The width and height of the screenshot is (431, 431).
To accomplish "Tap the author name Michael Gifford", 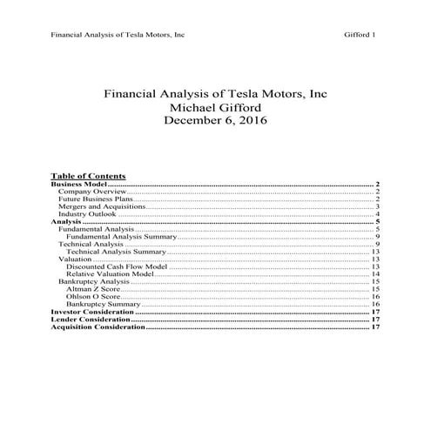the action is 215,107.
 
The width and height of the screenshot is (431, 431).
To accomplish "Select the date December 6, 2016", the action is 215,121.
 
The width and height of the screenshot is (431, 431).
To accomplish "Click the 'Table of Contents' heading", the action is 88,175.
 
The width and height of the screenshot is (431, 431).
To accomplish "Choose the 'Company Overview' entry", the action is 91,192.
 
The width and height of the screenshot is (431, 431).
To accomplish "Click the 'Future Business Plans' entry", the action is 95,199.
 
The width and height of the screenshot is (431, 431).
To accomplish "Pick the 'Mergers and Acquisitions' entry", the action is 100,207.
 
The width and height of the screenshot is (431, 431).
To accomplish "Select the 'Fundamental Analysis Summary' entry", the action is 121,237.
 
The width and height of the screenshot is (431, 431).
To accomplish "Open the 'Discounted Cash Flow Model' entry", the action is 116,267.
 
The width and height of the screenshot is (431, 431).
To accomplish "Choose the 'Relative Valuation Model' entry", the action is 111,275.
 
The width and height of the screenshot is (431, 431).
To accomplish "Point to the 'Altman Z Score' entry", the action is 94,290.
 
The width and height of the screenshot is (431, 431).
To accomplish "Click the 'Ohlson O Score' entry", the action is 94,297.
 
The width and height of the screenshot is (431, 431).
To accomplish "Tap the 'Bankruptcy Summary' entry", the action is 103,305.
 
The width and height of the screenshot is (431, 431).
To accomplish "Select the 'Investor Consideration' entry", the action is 92,312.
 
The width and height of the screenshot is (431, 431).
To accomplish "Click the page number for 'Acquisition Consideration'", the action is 376,327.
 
